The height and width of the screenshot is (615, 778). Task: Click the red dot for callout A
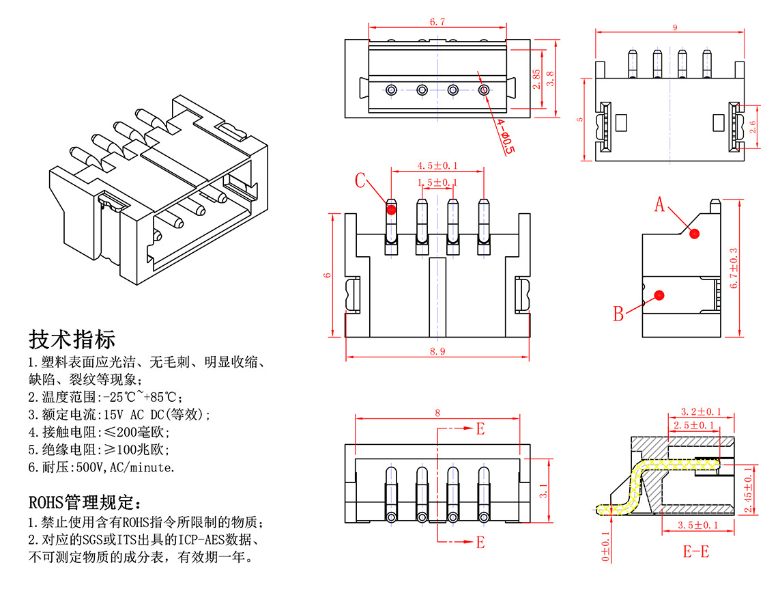tap(695, 234)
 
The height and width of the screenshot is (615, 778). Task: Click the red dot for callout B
tap(659, 295)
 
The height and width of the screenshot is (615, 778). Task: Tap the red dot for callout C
tap(391, 210)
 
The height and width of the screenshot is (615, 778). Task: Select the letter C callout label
tap(360, 181)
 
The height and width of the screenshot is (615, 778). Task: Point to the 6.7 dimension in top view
tap(437, 22)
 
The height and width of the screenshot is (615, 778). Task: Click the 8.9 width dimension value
tap(437, 352)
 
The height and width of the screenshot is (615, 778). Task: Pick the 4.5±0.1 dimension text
tap(437, 165)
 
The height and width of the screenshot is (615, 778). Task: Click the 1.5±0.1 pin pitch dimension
tap(437, 182)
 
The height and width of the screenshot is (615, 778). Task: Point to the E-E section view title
tap(696, 551)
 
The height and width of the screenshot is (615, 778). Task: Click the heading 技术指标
tap(72, 340)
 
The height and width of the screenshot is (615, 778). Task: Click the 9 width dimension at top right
tap(675, 27)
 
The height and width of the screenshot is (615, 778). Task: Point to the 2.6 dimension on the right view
tap(752, 126)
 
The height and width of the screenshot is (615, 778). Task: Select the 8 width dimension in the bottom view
tap(437, 412)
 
